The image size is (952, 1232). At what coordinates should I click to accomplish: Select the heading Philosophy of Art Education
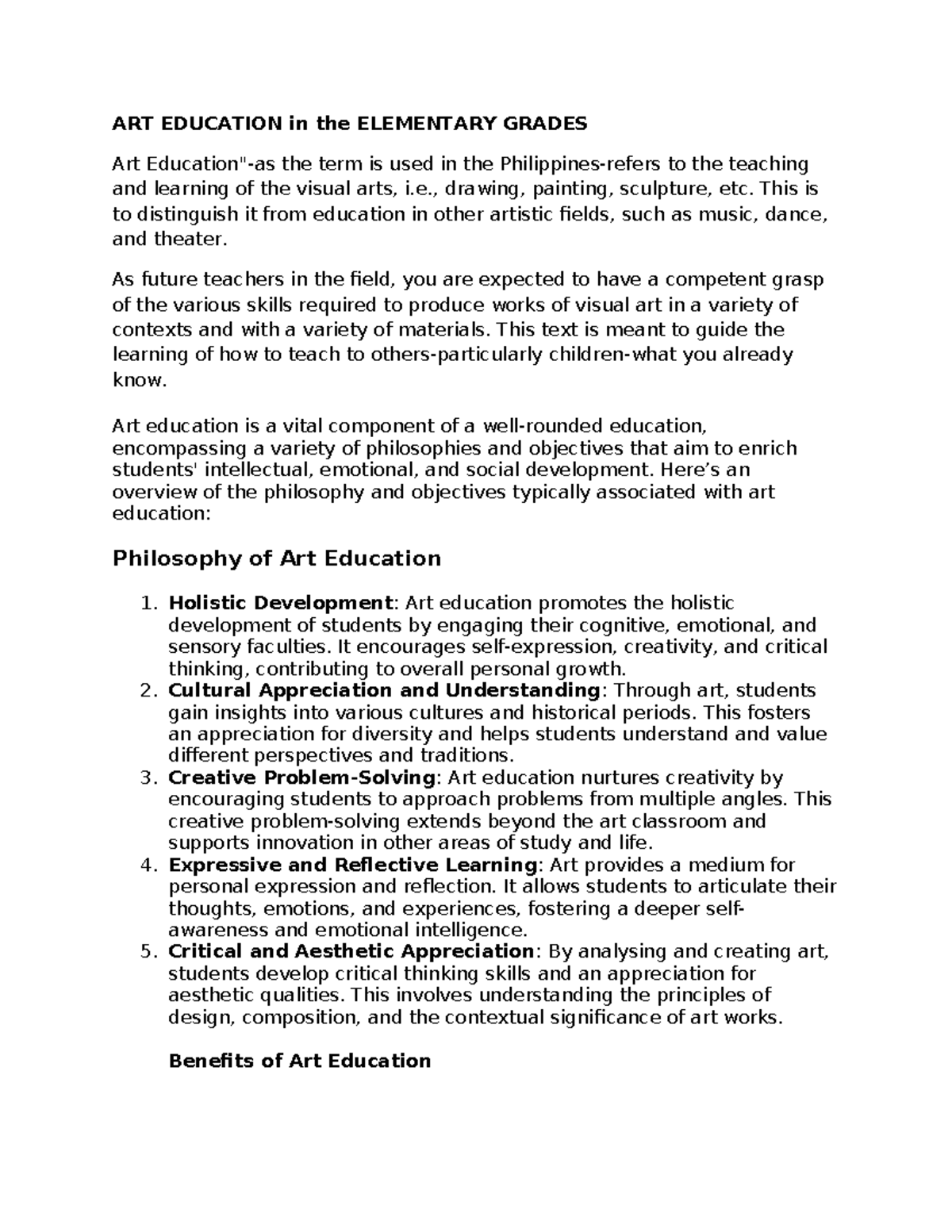(x=277, y=558)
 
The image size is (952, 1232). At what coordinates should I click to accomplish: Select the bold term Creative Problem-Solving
(x=302, y=777)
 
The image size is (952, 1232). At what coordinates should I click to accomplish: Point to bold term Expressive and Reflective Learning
(x=353, y=865)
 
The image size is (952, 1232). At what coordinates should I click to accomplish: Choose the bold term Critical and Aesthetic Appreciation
(x=351, y=951)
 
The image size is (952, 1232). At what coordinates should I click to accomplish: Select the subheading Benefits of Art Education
(x=300, y=1061)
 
